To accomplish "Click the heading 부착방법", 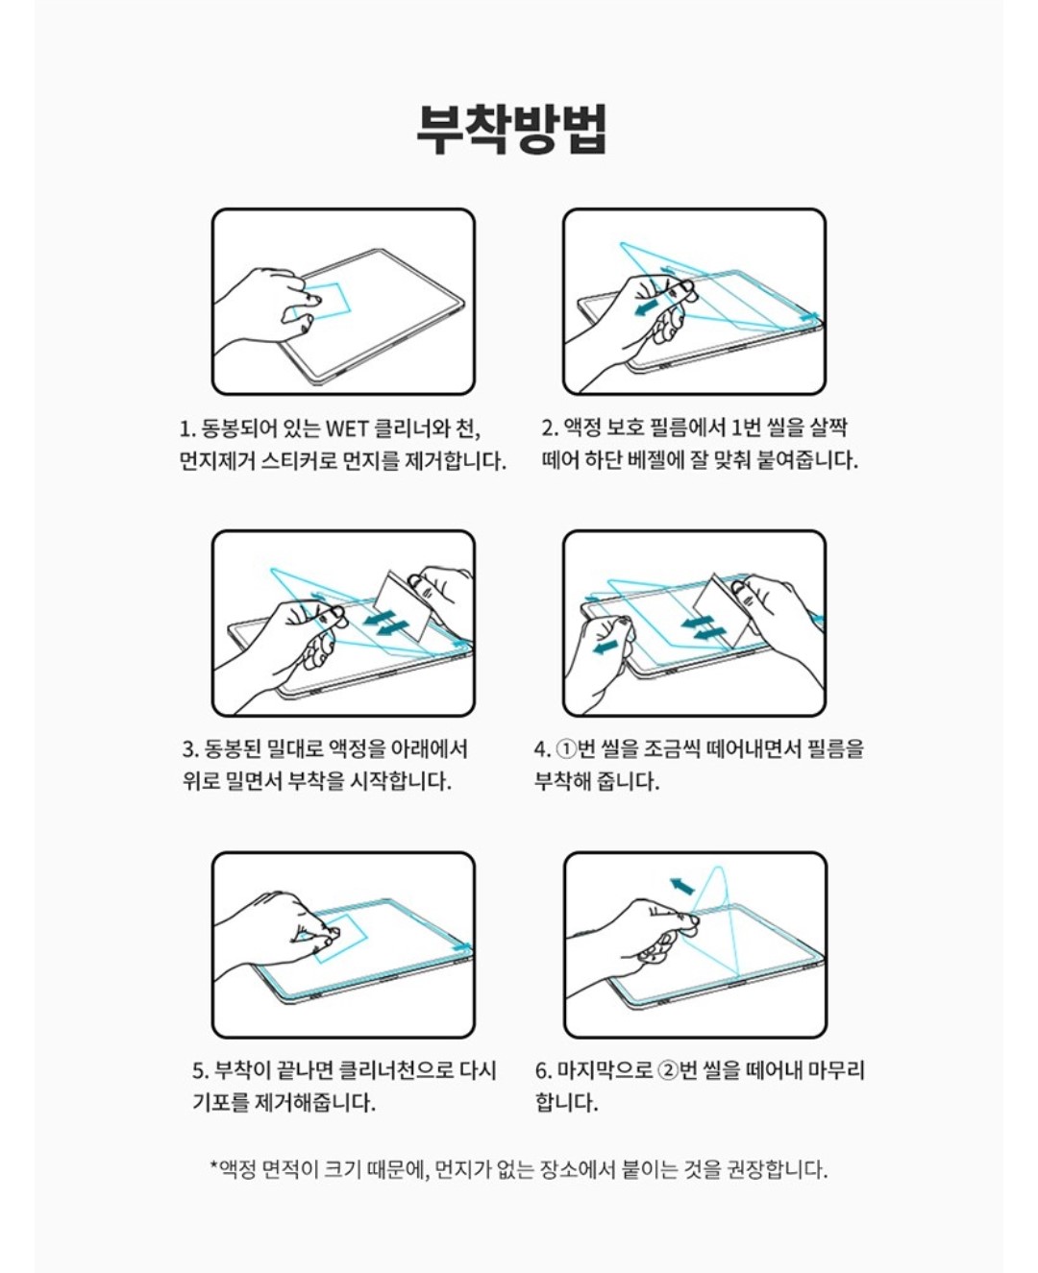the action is click(x=512, y=130).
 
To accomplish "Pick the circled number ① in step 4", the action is click(x=565, y=748).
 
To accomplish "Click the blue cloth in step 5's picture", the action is click(x=342, y=937).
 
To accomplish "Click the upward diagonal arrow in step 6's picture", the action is click(x=682, y=886).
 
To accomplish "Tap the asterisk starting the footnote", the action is click(x=214, y=1164).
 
